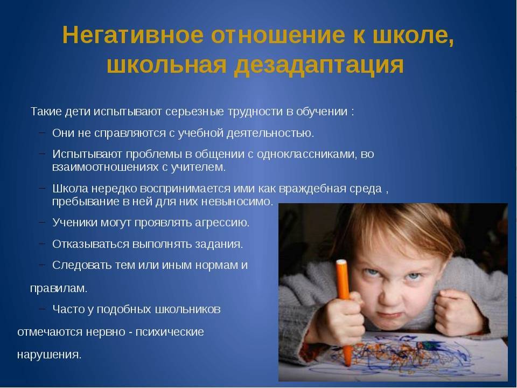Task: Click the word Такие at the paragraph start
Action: (x=46, y=112)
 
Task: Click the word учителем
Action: (x=198, y=167)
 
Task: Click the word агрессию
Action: (x=222, y=223)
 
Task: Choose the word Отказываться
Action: (x=90, y=244)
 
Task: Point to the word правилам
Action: (x=59, y=288)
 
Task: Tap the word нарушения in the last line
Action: (x=49, y=355)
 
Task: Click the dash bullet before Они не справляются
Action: (x=42, y=133)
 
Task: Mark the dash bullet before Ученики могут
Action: (x=42, y=221)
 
